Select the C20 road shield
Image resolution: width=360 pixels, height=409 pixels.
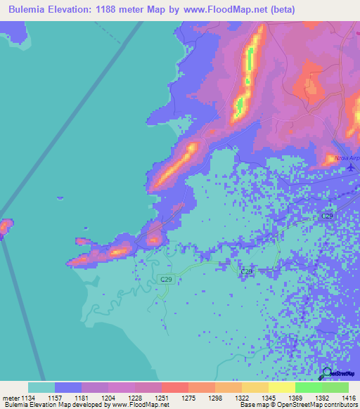(x=246, y=271)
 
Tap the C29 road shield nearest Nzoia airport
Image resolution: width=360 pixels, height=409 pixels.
(x=327, y=216)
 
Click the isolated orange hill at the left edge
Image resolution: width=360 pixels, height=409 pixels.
(x=5, y=227)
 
